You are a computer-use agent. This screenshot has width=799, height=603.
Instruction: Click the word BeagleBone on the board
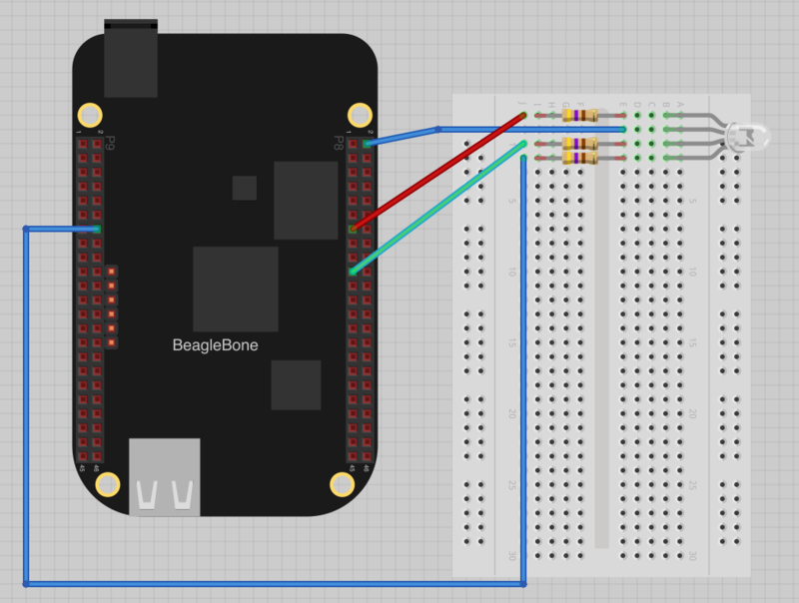[x=223, y=345]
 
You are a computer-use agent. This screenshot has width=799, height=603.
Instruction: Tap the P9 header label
[x=110, y=142]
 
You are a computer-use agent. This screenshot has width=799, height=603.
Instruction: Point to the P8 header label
[x=339, y=142]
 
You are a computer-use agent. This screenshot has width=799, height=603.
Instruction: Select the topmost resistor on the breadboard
[x=580, y=116]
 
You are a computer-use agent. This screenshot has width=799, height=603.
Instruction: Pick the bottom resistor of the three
[x=580, y=158]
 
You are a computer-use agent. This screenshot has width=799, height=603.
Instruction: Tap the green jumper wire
[x=439, y=207]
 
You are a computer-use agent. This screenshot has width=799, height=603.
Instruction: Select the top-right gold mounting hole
[x=358, y=114]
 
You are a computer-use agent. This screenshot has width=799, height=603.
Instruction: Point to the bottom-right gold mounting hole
[x=341, y=484]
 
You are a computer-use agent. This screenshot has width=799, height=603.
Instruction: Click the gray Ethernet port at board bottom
[x=165, y=477]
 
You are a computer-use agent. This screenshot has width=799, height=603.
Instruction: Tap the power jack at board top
[x=130, y=60]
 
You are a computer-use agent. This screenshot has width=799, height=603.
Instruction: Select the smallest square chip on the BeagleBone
[x=244, y=188]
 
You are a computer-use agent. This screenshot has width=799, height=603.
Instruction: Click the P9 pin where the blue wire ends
[x=97, y=230]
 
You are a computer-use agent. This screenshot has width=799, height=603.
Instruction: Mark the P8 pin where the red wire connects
[x=353, y=229]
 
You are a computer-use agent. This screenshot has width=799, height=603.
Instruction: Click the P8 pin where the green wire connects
[x=353, y=271]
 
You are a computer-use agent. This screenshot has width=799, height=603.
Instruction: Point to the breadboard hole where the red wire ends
[x=523, y=116]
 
